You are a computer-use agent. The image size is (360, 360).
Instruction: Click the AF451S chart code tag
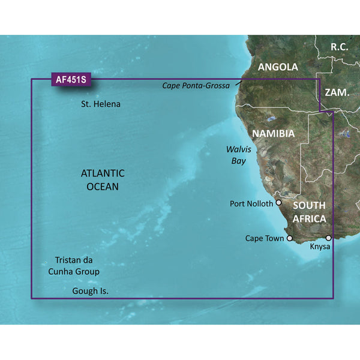(x=69, y=79)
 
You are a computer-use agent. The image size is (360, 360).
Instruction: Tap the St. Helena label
(x=101, y=104)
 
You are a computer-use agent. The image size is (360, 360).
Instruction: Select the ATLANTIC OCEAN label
(x=103, y=179)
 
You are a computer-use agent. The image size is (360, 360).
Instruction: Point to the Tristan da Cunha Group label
(x=82, y=266)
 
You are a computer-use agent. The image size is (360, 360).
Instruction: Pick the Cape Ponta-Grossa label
(x=196, y=86)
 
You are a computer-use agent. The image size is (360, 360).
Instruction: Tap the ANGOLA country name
(x=278, y=67)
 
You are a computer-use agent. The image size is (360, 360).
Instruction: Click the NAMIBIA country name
(x=272, y=133)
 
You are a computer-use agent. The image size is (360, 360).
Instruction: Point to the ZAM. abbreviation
(x=337, y=92)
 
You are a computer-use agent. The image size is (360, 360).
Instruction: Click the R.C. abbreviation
(x=343, y=46)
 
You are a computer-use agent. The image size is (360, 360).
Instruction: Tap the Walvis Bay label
(x=238, y=155)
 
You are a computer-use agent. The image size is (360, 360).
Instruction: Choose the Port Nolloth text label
(x=251, y=203)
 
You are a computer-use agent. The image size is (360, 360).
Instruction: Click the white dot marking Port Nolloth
(x=278, y=203)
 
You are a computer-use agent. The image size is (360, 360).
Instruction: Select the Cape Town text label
(x=265, y=238)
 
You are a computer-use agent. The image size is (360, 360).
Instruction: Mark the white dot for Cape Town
(x=290, y=238)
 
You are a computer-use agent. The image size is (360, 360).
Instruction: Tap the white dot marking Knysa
(x=328, y=238)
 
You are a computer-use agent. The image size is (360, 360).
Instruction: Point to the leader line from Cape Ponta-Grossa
(x=238, y=82)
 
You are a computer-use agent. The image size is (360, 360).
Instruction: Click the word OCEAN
(x=103, y=187)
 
